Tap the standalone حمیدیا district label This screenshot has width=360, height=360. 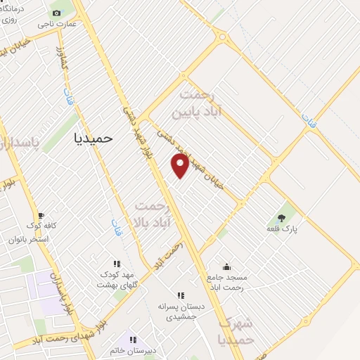click(94, 139)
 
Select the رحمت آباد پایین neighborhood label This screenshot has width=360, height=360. click(205, 101)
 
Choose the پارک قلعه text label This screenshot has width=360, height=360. click(282, 229)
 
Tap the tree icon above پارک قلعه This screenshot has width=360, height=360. click(282, 217)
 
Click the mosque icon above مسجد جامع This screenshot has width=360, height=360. click(226, 267)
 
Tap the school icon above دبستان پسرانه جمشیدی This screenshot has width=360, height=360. click(181, 296)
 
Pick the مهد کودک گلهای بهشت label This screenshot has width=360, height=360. click(116, 278)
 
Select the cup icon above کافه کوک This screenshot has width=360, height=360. click(41, 216)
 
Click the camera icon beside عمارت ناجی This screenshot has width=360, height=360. click(57, 13)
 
